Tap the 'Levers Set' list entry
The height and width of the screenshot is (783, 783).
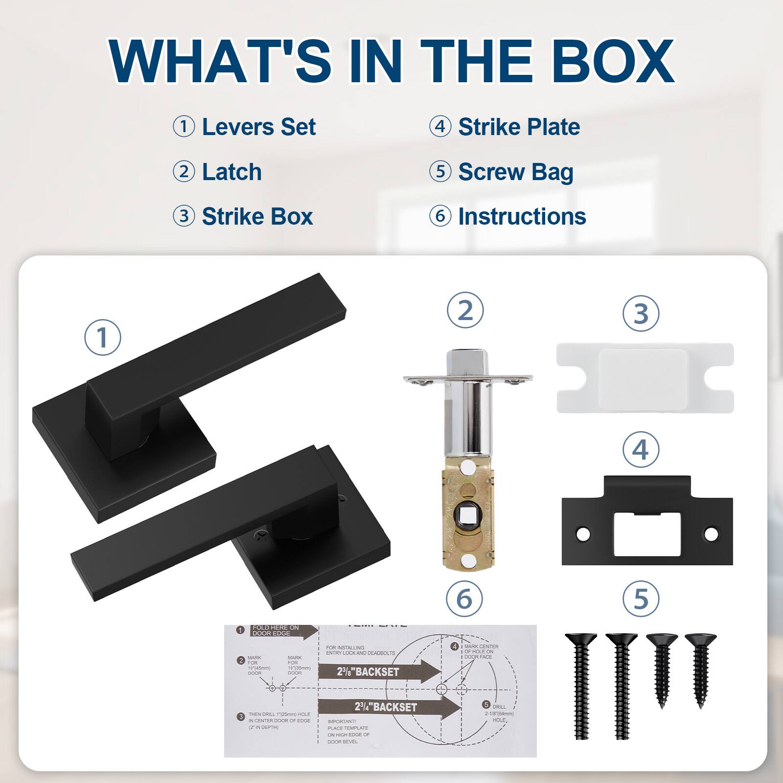[x=258, y=127]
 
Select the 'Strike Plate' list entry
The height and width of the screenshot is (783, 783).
[x=519, y=127]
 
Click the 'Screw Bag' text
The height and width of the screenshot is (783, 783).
[x=515, y=172]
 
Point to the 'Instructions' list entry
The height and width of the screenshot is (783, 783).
[x=522, y=217]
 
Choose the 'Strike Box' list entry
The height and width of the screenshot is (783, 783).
[x=257, y=217]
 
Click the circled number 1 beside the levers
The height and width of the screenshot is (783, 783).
[x=103, y=338]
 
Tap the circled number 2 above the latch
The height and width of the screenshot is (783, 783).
[x=465, y=310]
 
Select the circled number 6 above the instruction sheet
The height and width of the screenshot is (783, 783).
[x=464, y=599]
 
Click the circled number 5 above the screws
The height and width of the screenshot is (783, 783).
[x=641, y=599]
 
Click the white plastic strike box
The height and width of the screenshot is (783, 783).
[x=645, y=378]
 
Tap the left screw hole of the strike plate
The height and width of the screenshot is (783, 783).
[x=583, y=534]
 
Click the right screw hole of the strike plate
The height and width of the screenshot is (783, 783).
[x=711, y=534]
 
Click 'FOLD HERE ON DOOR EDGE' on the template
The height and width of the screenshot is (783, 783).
[x=277, y=630]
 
